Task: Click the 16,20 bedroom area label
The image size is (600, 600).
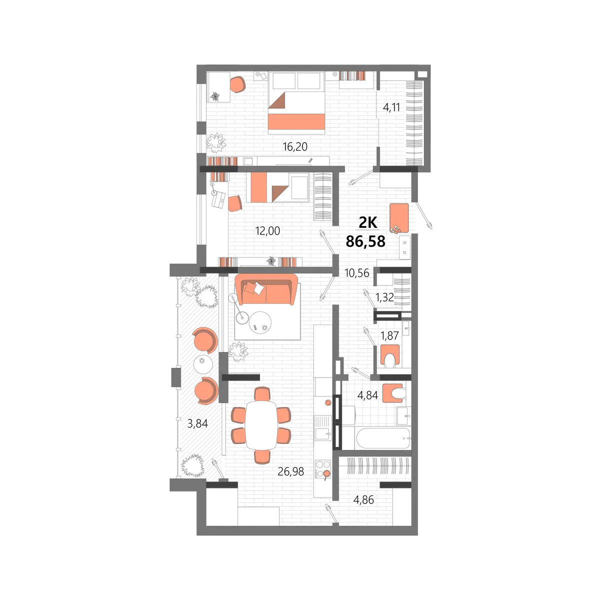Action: [294, 146]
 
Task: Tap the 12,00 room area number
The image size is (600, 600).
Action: [267, 230]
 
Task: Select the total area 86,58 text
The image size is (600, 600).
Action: [365, 241]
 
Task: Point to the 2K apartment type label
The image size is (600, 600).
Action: [367, 222]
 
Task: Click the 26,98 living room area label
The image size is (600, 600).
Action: [290, 471]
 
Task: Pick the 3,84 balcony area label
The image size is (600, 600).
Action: [197, 423]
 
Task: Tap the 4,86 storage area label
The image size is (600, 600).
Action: [363, 500]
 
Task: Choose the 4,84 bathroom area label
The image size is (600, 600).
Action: [367, 395]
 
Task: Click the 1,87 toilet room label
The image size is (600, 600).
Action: [389, 335]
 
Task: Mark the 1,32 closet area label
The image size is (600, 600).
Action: [384, 297]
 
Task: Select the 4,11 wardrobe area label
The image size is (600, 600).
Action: [391, 107]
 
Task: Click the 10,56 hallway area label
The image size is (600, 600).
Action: [357, 273]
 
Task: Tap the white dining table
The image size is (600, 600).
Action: [261, 425]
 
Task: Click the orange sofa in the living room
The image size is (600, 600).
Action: [266, 289]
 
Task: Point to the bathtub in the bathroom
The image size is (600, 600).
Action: [382, 438]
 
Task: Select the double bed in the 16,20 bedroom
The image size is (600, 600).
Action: [296, 103]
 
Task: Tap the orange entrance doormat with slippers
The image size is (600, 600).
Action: [399, 217]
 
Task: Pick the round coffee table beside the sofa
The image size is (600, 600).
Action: [260, 322]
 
